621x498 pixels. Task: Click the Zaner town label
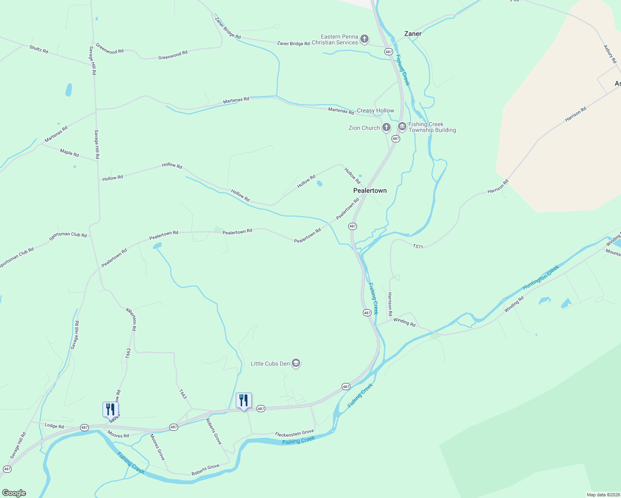(x=413, y=34)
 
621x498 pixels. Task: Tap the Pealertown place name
(x=370, y=190)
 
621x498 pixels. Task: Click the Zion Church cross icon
(x=386, y=127)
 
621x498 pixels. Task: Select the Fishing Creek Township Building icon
(x=402, y=127)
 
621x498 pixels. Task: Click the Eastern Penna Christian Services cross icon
(x=364, y=39)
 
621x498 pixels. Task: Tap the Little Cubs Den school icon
(x=296, y=364)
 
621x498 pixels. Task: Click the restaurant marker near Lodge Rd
(x=110, y=409)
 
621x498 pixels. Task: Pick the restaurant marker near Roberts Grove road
(x=244, y=400)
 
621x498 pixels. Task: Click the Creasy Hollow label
(x=375, y=110)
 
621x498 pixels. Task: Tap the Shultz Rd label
(x=39, y=49)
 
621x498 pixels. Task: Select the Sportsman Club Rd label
(x=68, y=235)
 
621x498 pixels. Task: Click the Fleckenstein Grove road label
(x=294, y=433)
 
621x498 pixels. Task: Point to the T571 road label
(x=418, y=247)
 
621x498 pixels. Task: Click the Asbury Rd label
(x=610, y=54)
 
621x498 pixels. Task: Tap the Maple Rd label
(x=69, y=153)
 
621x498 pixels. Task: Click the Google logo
(x=14, y=493)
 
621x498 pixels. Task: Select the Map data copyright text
(x=603, y=495)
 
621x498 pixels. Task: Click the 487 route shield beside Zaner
(x=389, y=52)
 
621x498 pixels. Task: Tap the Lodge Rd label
(x=54, y=426)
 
